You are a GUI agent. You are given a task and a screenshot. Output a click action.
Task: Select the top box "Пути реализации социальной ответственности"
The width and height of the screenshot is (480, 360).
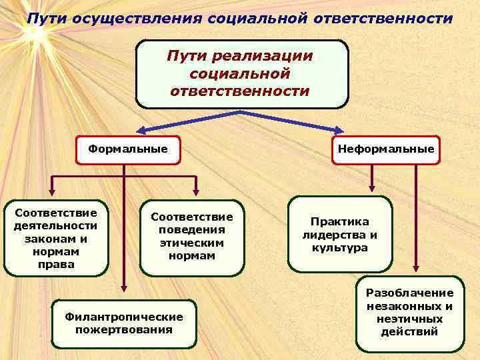(x=241, y=73)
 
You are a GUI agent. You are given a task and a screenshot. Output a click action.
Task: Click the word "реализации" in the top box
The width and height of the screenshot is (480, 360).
(x=263, y=56)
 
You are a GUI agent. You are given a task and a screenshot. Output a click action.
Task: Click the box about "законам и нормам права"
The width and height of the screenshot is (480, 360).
(x=55, y=238)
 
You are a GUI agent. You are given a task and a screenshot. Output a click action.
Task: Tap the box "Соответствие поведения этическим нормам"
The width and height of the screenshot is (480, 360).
(x=192, y=237)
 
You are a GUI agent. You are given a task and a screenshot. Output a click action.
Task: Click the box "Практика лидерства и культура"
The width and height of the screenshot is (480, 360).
(x=340, y=234)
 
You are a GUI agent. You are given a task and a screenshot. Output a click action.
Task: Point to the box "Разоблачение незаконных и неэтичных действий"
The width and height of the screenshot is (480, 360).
(x=409, y=313)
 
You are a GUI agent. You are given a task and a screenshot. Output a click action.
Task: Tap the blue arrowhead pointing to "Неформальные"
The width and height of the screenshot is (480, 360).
(x=338, y=131)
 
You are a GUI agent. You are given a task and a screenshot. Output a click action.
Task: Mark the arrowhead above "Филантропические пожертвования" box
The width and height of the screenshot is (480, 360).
(x=123, y=288)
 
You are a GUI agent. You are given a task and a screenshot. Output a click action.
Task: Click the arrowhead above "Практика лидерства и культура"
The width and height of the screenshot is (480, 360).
(x=373, y=189)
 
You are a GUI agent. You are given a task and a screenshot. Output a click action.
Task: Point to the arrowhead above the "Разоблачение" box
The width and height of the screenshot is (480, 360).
(x=417, y=269)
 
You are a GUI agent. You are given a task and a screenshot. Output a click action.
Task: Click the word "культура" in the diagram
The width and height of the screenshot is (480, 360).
(x=339, y=247)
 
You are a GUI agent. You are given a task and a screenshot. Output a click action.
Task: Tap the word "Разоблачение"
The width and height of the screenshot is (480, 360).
(x=409, y=293)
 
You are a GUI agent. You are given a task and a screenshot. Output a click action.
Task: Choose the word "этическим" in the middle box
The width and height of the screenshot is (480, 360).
(x=192, y=243)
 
